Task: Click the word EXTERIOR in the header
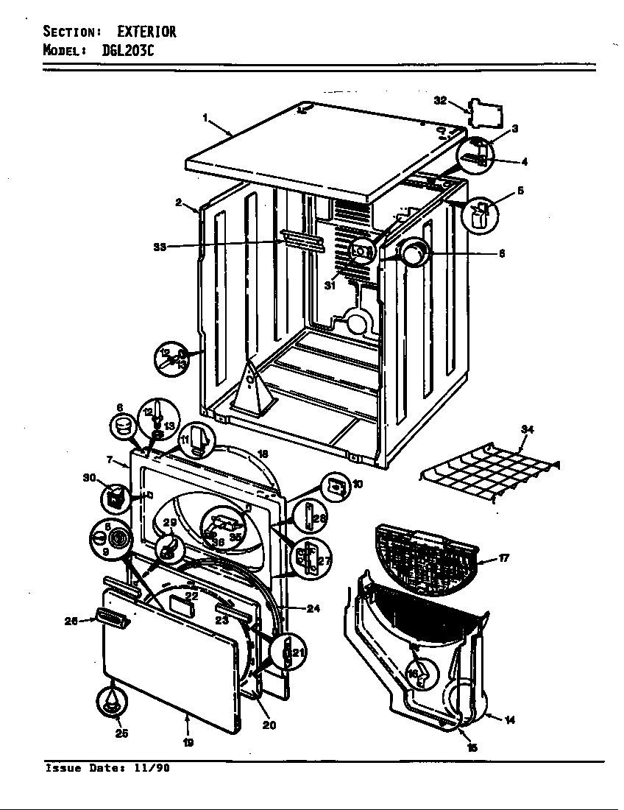pos(146,32)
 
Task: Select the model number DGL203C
pos(123,51)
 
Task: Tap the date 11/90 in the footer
pos(152,768)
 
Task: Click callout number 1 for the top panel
pos(205,117)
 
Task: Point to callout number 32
pos(440,100)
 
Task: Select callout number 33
pos(160,247)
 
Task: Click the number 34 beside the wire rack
pos(527,429)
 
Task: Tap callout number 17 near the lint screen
pos(504,558)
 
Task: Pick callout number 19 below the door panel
pos(188,743)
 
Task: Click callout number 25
pos(121,733)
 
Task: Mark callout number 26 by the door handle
pos(72,621)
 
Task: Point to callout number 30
pos(90,477)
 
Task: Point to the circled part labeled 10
pos(335,485)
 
